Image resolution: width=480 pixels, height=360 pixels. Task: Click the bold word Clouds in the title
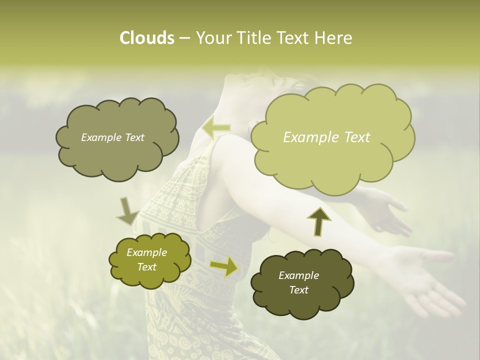point(146,38)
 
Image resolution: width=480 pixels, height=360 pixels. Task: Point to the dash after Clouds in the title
point(184,38)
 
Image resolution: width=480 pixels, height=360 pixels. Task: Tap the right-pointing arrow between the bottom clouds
point(224,266)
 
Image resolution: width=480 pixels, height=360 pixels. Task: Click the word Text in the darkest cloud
point(299,290)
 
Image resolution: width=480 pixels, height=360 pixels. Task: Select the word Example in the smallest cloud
point(146,252)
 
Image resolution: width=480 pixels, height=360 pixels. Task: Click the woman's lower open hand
point(425,275)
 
